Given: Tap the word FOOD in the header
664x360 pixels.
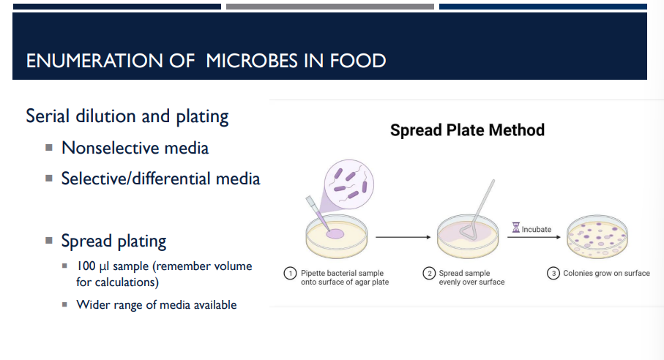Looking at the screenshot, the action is [x=358, y=61].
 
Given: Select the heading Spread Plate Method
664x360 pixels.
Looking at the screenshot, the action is [x=467, y=130].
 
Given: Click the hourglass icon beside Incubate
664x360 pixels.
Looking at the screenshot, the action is [x=516, y=228].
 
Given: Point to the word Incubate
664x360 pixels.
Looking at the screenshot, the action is [x=537, y=229].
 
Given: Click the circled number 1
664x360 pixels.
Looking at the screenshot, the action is [x=290, y=273].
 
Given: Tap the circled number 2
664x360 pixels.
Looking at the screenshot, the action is [x=429, y=273].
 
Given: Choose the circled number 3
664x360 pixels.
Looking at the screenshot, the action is [x=553, y=273].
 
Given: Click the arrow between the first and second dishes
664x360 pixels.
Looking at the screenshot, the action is [x=403, y=237].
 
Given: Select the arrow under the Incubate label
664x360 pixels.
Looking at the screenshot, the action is [x=534, y=237].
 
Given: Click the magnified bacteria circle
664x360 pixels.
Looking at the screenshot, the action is [x=349, y=184].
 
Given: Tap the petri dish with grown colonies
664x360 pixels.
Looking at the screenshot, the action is [x=597, y=237].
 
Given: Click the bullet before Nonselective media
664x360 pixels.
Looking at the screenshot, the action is [x=49, y=148].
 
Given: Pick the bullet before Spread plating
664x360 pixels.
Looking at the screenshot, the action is [x=49, y=241].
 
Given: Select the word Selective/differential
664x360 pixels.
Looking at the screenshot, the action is [x=136, y=179].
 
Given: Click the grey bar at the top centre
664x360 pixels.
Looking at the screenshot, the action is [x=330, y=7].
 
